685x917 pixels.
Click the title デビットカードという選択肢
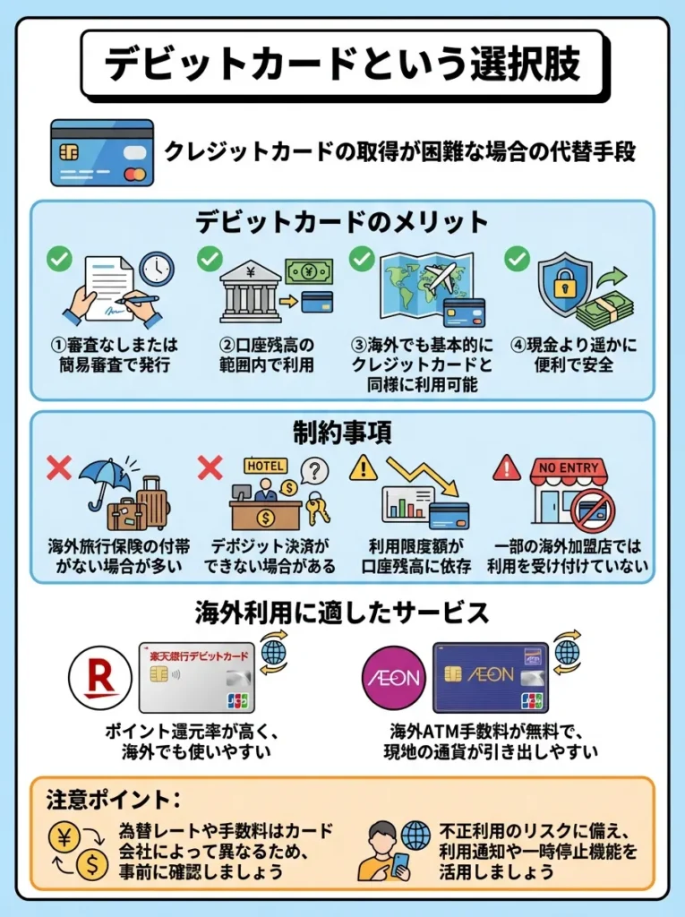tap(342, 64)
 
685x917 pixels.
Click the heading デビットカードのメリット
tap(342, 221)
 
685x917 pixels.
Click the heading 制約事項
tap(342, 432)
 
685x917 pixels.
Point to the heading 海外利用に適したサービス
tap(342, 613)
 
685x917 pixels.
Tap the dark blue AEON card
tap(489, 676)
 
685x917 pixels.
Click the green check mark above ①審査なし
tap(59, 260)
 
